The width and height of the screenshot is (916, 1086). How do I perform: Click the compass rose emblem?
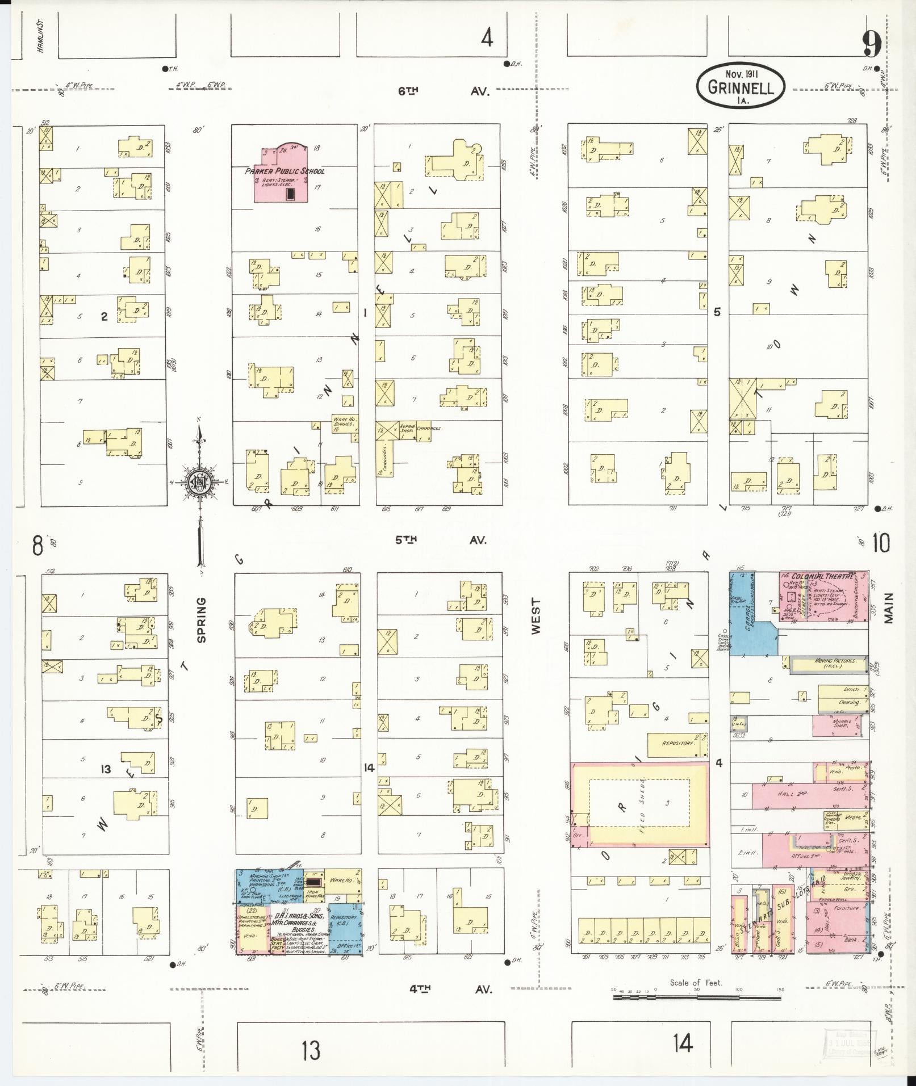coord(200,482)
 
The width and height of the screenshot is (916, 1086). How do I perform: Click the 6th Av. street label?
coord(443,91)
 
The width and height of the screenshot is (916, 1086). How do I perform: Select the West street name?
coord(536,615)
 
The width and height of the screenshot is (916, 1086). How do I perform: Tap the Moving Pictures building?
coord(828,664)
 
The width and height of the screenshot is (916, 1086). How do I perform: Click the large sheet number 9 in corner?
coord(872,43)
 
